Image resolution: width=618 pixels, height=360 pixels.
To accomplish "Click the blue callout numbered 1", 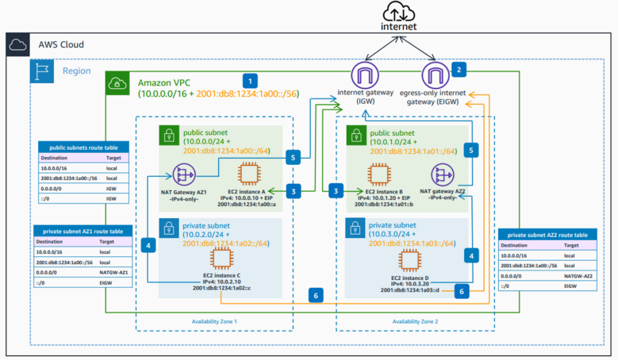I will pyautogui.click(x=251, y=80).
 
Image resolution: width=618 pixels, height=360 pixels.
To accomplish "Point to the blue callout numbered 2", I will pyautogui.click(x=459, y=69).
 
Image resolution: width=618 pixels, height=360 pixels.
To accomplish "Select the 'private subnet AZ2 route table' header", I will pyautogui.click(x=547, y=236).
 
